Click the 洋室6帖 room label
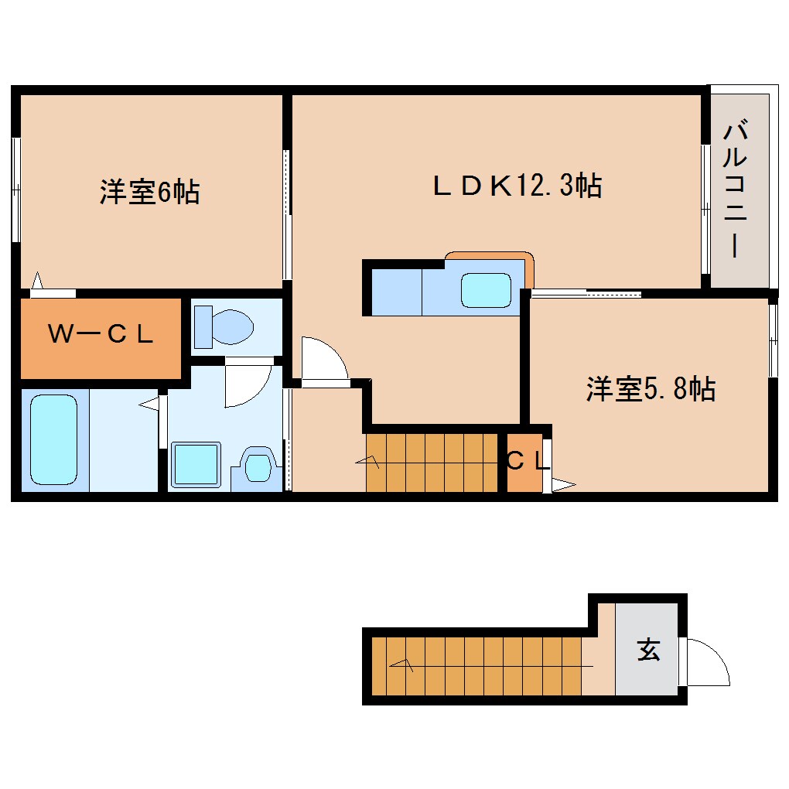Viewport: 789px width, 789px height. click(149, 191)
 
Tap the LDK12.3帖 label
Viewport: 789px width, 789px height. click(517, 186)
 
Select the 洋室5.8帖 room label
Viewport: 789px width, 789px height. click(650, 388)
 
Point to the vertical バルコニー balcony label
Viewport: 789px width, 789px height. click(735, 190)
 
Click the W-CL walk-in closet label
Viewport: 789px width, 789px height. click(101, 335)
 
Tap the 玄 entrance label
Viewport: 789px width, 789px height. click(648, 651)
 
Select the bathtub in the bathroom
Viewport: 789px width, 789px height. click(53, 439)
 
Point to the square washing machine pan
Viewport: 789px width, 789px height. click(196, 465)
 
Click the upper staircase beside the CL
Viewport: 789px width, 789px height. click(431, 463)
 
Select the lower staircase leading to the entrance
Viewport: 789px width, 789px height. click(476, 665)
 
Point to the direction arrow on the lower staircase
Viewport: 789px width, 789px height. click(402, 664)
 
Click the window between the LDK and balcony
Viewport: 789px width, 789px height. click(705, 209)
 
